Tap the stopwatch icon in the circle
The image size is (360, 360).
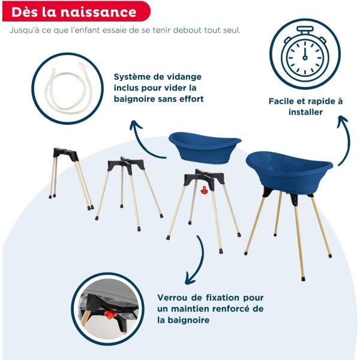pyautogui.click(x=305, y=54)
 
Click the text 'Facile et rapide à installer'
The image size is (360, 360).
pyautogui.click(x=305, y=107)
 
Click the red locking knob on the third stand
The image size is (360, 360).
pyautogui.click(x=203, y=191)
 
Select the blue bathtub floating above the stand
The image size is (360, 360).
pyautogui.click(x=204, y=146)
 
